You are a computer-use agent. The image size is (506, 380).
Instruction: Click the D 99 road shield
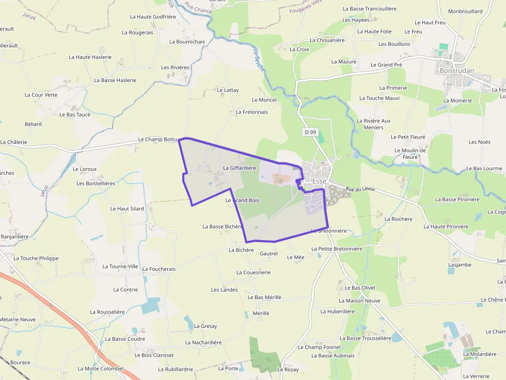pyautogui.click(x=310, y=132)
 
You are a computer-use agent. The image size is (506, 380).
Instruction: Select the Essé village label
pyautogui.click(x=319, y=181)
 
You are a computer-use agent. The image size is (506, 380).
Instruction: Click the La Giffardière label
pyautogui.click(x=240, y=168)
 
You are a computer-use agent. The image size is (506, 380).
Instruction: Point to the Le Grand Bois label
pyautogui.click(x=242, y=200)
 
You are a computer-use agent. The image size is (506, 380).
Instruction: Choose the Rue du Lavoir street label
pyautogui.click(x=360, y=190)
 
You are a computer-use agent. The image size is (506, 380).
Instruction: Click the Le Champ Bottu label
pyautogui.click(x=157, y=140)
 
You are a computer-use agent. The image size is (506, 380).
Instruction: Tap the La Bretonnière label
pyautogui.click(x=329, y=231)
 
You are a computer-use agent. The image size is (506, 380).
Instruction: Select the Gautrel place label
pyautogui.click(x=268, y=254)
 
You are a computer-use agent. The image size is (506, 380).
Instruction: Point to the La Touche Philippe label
pyautogui.click(x=36, y=258)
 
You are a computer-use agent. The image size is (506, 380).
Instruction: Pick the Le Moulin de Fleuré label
pyautogui.click(x=410, y=154)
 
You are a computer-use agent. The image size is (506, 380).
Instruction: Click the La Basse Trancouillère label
pyautogui.click(x=370, y=9)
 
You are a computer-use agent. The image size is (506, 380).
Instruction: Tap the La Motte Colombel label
pyautogui.click(x=101, y=369)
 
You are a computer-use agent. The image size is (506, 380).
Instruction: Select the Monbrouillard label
pyautogui.click(x=465, y=11)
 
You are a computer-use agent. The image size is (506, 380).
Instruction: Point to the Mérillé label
pyautogui.click(x=261, y=313)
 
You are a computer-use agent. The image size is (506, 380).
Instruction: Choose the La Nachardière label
pyautogui.click(x=203, y=342)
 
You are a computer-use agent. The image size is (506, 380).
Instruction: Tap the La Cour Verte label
pyautogui.click(x=41, y=95)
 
